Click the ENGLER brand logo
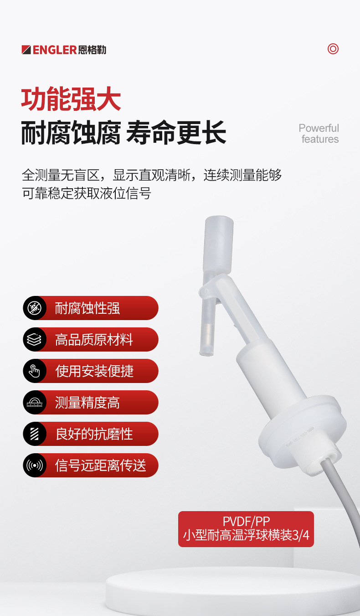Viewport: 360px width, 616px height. [64, 50]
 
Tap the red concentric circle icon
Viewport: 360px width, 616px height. [333, 49]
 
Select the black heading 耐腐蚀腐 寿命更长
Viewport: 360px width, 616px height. [123, 133]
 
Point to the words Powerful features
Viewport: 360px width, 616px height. [319, 134]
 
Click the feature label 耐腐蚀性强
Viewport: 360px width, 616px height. [87, 308]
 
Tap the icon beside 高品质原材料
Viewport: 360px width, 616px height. [35, 340]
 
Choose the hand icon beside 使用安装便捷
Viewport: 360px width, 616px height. [35, 371]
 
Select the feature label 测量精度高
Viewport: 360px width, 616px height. [87, 403]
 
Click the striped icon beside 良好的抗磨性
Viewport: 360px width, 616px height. [35, 434]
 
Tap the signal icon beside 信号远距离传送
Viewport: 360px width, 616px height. [35, 466]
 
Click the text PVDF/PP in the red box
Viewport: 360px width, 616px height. [246, 521]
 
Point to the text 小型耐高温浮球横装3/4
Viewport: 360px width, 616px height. [246, 535]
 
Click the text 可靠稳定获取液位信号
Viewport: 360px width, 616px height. [87, 193]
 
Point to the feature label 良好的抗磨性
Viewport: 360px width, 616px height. [94, 434]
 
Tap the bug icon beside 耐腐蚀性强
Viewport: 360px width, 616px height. [35, 308]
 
